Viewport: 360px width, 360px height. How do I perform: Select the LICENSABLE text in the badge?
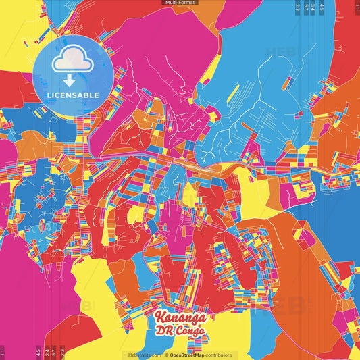(73, 95)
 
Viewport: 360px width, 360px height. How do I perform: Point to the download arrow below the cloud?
(72, 76)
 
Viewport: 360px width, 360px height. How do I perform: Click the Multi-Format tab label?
(180, 3)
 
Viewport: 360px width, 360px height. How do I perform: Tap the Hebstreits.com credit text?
(143, 355)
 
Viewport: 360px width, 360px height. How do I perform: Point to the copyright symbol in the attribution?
(166, 355)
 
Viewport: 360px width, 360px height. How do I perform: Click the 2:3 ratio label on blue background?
(298, 7)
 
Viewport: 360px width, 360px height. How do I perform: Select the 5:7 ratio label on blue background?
(306, 7)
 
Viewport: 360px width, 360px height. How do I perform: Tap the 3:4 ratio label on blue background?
(314, 7)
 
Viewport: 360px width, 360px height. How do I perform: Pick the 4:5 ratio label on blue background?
(322, 7)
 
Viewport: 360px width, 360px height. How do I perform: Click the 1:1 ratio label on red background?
(357, 7)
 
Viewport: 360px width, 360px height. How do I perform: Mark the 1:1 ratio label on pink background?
(3, 352)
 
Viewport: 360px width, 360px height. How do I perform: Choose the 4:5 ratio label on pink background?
(38, 352)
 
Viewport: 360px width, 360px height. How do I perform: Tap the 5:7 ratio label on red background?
(54, 352)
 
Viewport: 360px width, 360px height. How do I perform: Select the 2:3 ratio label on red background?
(62, 352)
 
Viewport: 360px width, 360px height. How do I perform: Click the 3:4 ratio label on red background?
(46, 352)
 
